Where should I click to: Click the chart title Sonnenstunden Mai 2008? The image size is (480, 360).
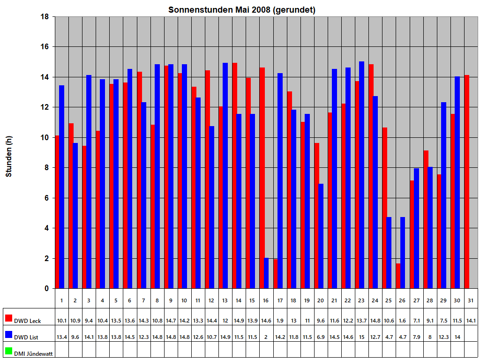241,10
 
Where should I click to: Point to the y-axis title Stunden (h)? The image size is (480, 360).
8,157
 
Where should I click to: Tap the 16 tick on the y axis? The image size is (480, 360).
46,47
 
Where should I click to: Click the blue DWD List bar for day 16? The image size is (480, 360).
266,273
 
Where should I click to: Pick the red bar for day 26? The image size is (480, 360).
398,276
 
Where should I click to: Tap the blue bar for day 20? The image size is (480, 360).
321,236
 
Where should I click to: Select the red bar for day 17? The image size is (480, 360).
276,274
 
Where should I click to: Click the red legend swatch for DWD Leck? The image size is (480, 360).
8,318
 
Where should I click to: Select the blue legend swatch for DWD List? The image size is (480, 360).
8,335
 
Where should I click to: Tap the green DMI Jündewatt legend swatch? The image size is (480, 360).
8,351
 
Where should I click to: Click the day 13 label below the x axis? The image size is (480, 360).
225,300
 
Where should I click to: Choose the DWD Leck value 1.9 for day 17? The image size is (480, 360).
280,321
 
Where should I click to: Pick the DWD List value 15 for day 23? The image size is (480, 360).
361,337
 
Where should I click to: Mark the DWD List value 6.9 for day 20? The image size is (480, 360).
321,337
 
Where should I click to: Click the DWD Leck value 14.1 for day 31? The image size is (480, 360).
471,321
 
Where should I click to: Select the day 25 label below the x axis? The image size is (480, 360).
389,300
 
